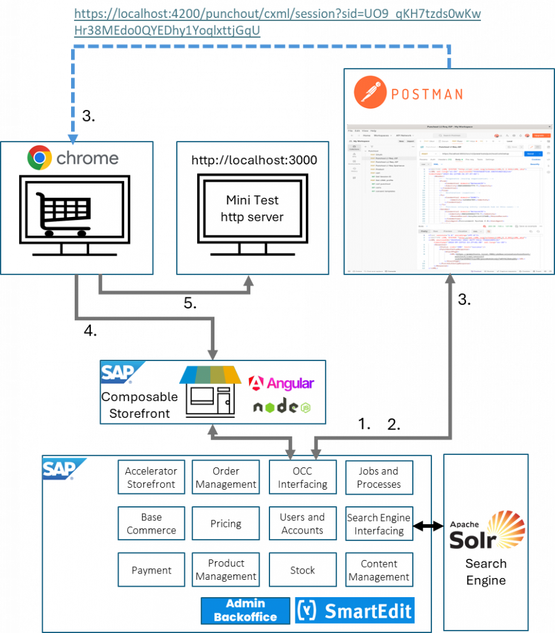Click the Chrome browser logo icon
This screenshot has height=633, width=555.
pyautogui.click(x=39, y=158)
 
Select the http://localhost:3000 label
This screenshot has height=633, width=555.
pyautogui.click(x=254, y=160)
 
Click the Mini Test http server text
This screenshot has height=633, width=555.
pyautogui.click(x=252, y=208)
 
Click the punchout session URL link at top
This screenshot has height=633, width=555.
pyautogui.click(x=277, y=22)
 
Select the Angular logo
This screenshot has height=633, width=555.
pyautogui.click(x=281, y=383)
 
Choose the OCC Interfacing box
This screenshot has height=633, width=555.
pyautogui.click(x=303, y=477)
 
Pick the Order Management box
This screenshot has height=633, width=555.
pyautogui.click(x=226, y=477)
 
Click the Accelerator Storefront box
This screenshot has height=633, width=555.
pyautogui.click(x=151, y=477)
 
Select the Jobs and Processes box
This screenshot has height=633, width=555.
pyautogui.click(x=379, y=477)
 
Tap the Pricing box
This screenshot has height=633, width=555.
pyautogui.click(x=226, y=524)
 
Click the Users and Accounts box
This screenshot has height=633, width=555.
pyautogui.click(x=303, y=524)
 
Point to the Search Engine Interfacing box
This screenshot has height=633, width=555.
pyautogui.click(x=379, y=524)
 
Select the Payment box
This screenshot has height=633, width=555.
pyautogui.click(x=151, y=570)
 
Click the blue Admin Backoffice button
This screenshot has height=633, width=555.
pyautogui.click(x=245, y=610)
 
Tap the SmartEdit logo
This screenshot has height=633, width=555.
pyautogui.click(x=355, y=610)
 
